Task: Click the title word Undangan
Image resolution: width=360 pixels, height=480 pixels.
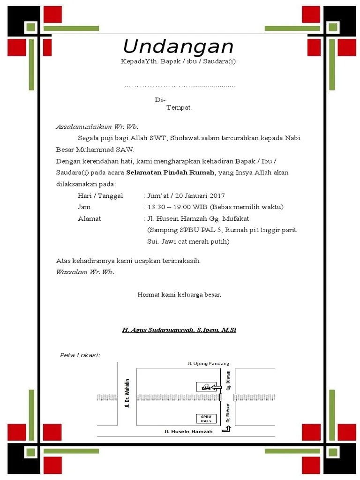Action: pyautogui.click(x=178, y=47)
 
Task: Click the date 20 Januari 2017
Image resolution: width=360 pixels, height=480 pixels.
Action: pyautogui.click(x=199, y=195)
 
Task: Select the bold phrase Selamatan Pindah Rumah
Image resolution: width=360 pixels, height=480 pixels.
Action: pyautogui.click(x=170, y=172)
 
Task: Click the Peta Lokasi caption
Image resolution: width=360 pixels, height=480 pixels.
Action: pyautogui.click(x=80, y=355)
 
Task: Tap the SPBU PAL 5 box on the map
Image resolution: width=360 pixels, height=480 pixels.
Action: pyautogui.click(x=206, y=419)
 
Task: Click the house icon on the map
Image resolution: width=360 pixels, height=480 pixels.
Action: pyautogui.click(x=204, y=387)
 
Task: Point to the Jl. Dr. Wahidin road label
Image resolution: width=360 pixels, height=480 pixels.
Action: pyautogui.click(x=127, y=393)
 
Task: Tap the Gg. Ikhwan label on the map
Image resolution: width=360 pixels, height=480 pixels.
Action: pyautogui.click(x=228, y=381)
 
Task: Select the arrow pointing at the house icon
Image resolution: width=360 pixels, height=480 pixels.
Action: pyautogui.click(x=216, y=387)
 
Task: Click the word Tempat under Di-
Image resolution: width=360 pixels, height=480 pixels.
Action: pyautogui.click(x=179, y=108)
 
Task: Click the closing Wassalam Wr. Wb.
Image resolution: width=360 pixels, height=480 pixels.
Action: pyautogui.click(x=85, y=272)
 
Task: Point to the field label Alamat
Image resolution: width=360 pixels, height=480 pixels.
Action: pyautogui.click(x=89, y=218)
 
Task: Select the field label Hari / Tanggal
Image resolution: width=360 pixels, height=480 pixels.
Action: pyautogui.click(x=100, y=195)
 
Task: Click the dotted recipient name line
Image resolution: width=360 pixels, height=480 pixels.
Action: pyautogui.click(x=179, y=86)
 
